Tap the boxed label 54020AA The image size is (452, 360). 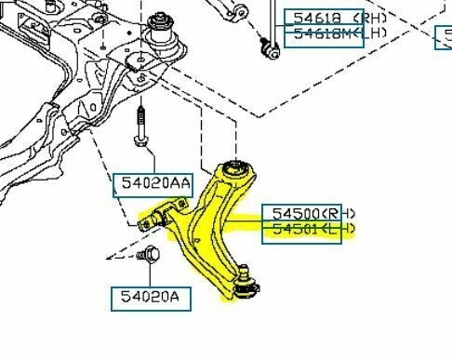[x=153, y=184]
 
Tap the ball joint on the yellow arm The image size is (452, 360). [x=246, y=284]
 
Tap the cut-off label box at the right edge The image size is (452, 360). [x=444, y=37]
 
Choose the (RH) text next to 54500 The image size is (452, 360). [x=328, y=212]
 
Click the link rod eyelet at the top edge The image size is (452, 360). [x=239, y=11]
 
